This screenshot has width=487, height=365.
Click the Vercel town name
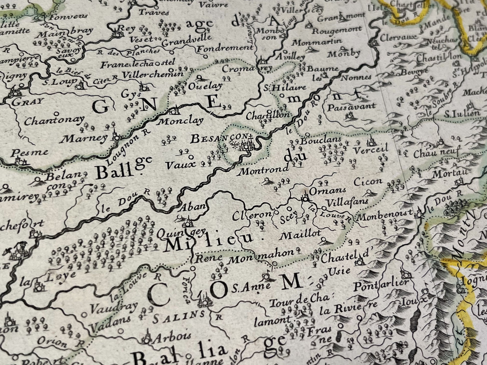click(370, 149)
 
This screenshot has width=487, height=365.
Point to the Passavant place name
click(351, 107)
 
